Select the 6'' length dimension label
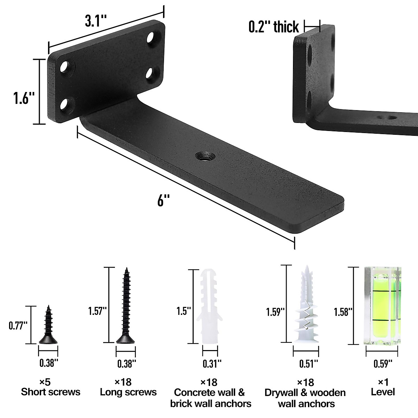click(x=163, y=201)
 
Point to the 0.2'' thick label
click(x=273, y=27)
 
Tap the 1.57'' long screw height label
click(x=97, y=311)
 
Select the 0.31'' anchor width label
click(x=212, y=364)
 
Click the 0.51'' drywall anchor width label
click(x=309, y=364)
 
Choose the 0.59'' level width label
click(x=383, y=364)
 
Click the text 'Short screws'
click(x=51, y=392)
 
